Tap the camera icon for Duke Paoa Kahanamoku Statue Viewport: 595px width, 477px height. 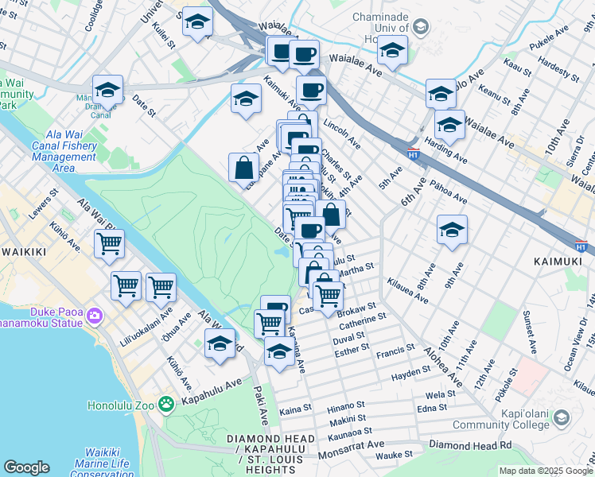coord(95,316)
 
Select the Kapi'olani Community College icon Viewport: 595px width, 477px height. coord(562,418)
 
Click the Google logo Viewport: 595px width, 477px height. coord(26,467)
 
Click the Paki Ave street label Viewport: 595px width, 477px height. coord(261,405)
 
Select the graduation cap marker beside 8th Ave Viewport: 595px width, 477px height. coord(452,230)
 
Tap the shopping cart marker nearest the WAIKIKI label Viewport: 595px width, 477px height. coord(109,244)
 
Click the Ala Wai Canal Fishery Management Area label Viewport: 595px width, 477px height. coord(64,145)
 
